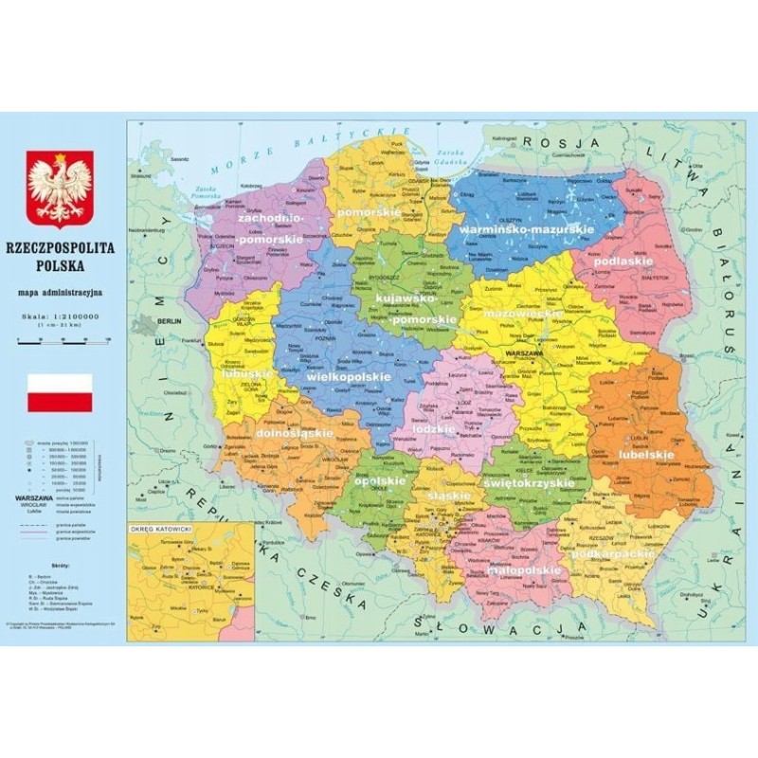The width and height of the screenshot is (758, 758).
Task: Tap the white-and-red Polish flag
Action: tap(60, 392)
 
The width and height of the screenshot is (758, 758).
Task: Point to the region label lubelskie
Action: tap(647, 455)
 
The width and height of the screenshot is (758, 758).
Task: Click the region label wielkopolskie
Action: tap(349, 376)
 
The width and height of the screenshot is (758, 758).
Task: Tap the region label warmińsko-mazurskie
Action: tap(525, 229)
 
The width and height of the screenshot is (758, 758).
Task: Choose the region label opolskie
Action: tap(380, 480)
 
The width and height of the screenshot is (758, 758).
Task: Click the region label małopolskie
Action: tap(524, 570)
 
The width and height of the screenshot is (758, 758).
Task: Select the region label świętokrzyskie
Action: tap(530, 483)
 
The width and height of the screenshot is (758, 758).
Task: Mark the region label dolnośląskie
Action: tap(294, 433)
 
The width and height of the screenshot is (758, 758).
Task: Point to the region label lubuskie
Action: tap(247, 373)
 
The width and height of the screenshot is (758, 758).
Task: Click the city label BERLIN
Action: tap(171, 322)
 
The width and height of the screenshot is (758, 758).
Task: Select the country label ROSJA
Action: tap(564, 141)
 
